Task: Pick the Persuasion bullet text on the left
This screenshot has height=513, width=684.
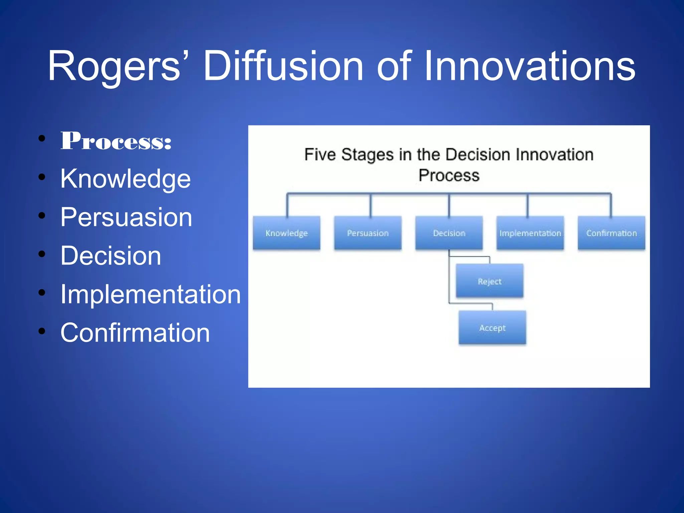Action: coord(126,217)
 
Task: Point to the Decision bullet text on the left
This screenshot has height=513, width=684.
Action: coord(111,256)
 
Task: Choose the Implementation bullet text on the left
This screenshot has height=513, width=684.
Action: coord(150,294)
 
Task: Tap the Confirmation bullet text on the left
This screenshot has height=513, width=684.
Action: coord(135,333)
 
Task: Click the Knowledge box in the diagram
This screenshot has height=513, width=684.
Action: coord(287,233)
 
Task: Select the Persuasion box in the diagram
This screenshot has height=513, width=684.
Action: coord(368,233)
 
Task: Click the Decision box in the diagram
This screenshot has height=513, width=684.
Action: coord(449,233)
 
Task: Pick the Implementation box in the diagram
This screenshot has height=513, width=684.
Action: coord(530,233)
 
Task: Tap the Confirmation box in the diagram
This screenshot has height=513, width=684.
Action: coord(611,233)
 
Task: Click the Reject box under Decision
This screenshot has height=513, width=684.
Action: coord(489,281)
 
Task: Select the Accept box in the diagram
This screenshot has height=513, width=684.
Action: coord(492,328)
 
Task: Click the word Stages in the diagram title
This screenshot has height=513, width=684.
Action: coord(367,155)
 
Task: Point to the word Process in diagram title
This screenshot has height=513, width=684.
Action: coord(449,176)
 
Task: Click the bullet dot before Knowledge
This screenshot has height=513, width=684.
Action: coord(42,177)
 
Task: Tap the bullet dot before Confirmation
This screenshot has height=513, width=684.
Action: coord(42,331)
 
